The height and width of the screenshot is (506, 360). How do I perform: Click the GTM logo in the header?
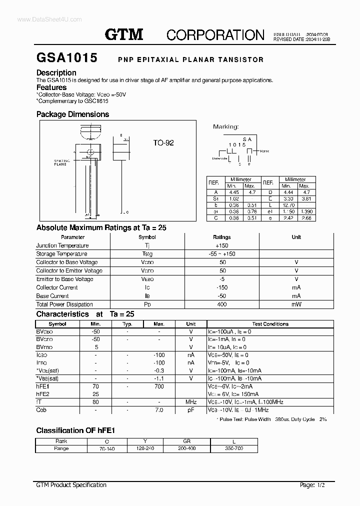(x=124, y=34)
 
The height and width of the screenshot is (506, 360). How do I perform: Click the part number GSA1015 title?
(x=66, y=58)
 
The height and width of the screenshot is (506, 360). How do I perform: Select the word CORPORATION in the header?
(x=215, y=34)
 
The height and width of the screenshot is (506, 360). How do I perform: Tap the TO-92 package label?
(x=163, y=143)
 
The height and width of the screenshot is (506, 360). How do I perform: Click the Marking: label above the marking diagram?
(x=226, y=127)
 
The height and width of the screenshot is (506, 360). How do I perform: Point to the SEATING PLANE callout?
(x=60, y=162)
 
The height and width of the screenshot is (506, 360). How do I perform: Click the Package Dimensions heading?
(x=72, y=114)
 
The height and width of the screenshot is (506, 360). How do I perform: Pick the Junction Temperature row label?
(x=62, y=245)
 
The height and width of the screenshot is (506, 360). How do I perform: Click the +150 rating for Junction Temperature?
(x=221, y=245)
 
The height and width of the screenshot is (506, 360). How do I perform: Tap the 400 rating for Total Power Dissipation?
(x=221, y=304)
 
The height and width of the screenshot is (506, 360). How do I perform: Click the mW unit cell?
(x=296, y=304)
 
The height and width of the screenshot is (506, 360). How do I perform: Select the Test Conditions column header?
(x=270, y=324)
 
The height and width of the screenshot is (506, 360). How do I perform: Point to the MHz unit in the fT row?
(x=191, y=402)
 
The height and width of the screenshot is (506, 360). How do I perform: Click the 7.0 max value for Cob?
(x=159, y=410)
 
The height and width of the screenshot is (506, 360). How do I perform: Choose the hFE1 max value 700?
(x=159, y=386)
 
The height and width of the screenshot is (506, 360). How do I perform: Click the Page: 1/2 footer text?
(x=314, y=485)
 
